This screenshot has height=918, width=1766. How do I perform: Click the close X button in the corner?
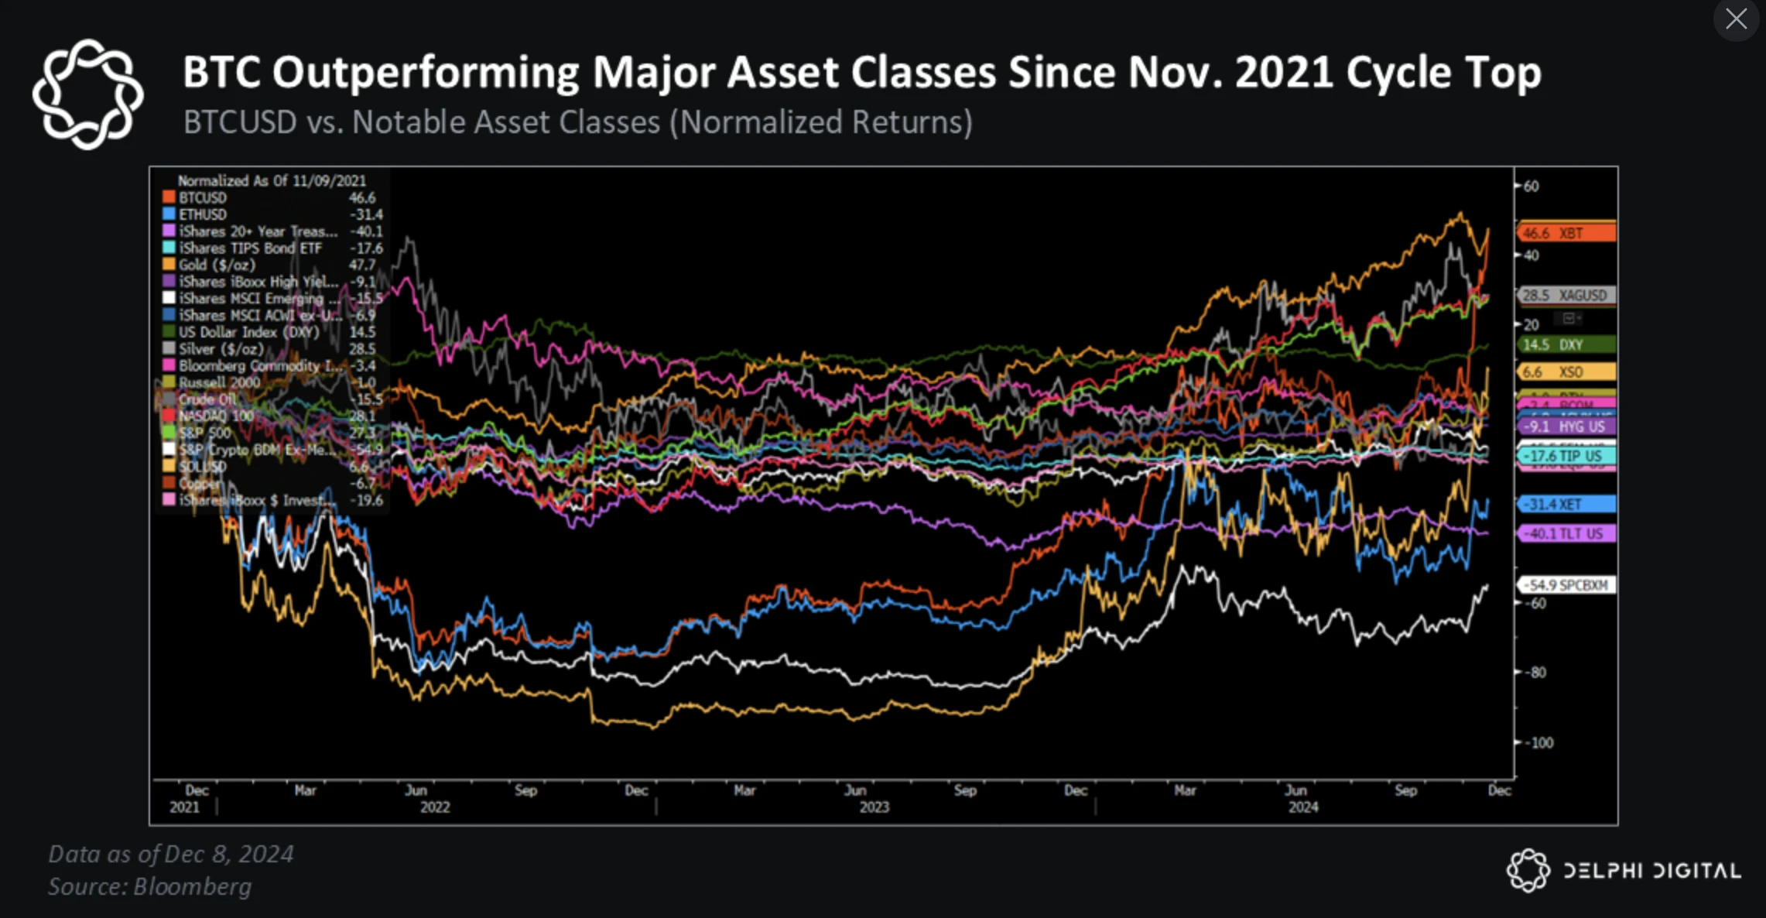1736,19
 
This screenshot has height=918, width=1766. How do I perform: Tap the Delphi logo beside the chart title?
87,94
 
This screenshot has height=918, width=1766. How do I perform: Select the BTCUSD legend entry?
203,198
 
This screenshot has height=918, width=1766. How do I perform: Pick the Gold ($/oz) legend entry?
217,265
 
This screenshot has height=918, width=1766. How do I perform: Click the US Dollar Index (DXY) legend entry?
248,332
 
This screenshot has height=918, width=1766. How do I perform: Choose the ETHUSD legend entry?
203,214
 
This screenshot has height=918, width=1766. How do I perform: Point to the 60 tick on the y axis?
1531,186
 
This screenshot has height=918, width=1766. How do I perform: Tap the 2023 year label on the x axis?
874,807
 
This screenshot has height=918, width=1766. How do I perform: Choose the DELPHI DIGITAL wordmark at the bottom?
1651,871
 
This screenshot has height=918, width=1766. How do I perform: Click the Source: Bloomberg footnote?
150,886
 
